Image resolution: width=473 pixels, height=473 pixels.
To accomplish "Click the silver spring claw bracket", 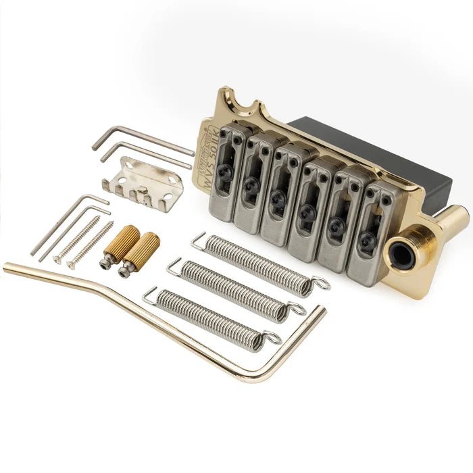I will pos(143,181).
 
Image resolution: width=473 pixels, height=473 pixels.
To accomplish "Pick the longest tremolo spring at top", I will pos(257,264).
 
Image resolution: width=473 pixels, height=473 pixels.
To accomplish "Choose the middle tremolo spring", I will pos(234,289).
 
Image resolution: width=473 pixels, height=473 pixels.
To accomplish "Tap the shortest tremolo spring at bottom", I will pos(209,318).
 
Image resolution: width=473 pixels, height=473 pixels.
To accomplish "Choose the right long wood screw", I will pos(91,245).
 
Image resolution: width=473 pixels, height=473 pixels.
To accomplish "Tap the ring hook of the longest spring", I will pos(321,284).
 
